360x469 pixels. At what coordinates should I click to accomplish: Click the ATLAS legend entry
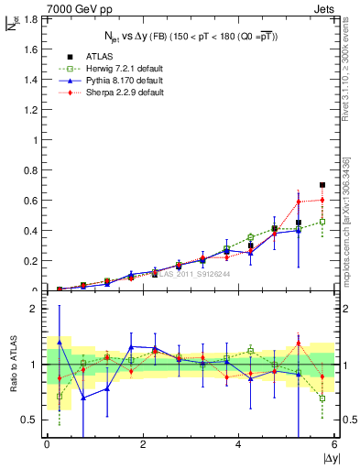(101, 55)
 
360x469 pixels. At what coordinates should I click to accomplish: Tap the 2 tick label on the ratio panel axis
(32, 309)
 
